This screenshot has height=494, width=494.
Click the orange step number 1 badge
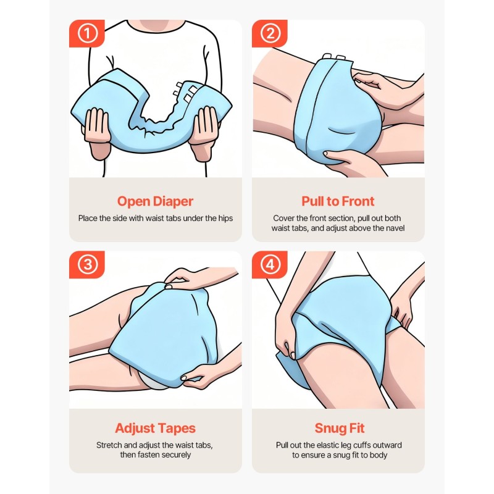[87, 34]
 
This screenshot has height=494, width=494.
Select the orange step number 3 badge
[87, 266]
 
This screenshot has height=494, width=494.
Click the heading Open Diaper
[155, 201]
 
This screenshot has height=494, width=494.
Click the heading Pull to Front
[338, 201]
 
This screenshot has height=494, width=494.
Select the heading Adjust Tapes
[155, 429]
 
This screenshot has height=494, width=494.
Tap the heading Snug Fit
[338, 429]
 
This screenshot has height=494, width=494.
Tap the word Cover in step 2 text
[283, 218]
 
